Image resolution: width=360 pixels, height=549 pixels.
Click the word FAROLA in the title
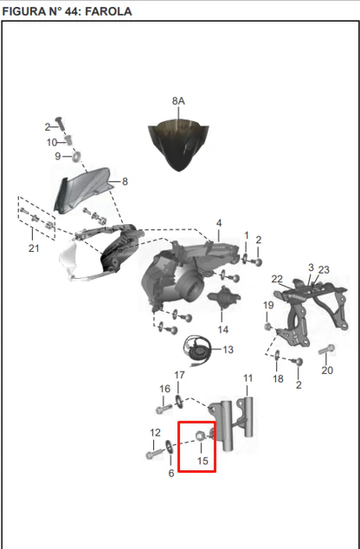click(x=108, y=11)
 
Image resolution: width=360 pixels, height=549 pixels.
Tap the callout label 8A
click(x=178, y=101)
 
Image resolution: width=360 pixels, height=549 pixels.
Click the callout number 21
click(x=34, y=249)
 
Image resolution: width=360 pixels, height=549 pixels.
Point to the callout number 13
click(x=228, y=350)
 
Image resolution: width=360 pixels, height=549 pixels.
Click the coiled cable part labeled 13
click(x=197, y=351)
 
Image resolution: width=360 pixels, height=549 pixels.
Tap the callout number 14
click(x=223, y=329)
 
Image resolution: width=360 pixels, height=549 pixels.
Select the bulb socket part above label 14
click(x=223, y=298)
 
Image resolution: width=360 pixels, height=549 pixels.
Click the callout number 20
click(x=327, y=371)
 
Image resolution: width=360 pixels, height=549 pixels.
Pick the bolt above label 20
click(x=327, y=349)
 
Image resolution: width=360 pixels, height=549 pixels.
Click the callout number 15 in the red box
click(x=202, y=461)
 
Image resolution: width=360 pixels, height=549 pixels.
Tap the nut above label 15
click(x=200, y=436)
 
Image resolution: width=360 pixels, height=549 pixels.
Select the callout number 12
click(x=155, y=433)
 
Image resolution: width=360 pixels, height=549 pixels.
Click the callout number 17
click(x=179, y=375)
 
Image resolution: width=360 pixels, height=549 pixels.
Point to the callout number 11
click(x=247, y=378)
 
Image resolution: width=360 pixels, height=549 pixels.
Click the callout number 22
click(x=277, y=279)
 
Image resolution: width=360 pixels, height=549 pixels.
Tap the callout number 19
click(x=268, y=306)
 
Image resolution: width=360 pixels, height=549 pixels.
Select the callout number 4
click(x=219, y=223)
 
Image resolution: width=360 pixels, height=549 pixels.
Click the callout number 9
click(x=58, y=156)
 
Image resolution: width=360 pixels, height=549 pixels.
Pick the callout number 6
click(x=171, y=474)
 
